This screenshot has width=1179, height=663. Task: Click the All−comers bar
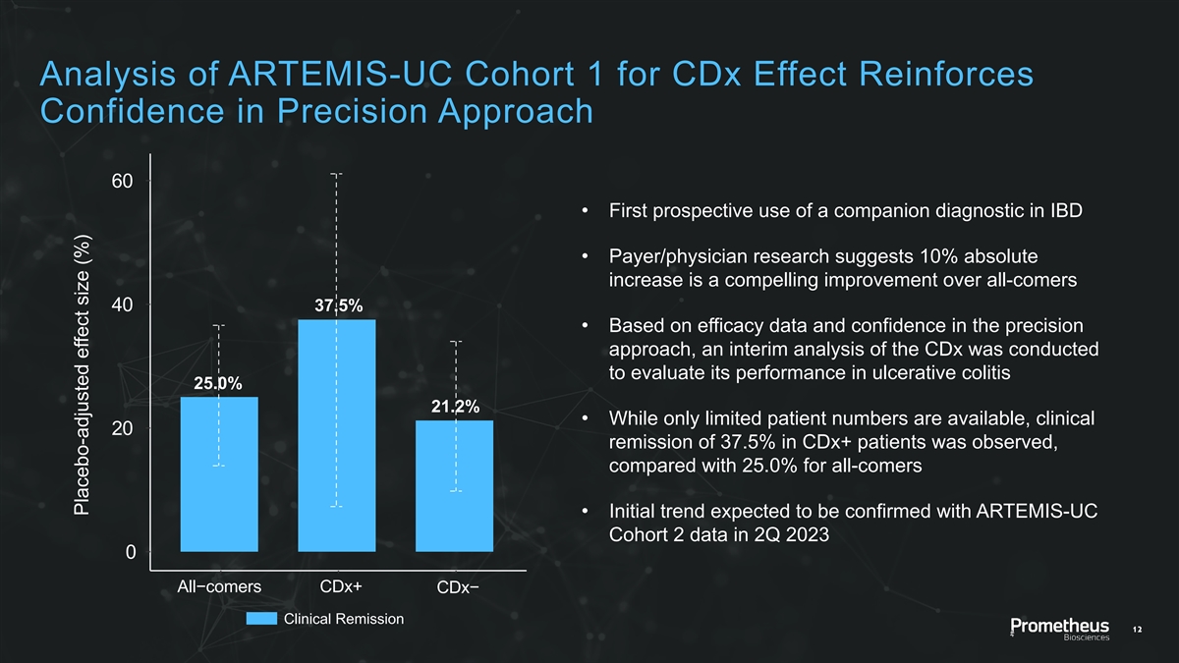point(219,474)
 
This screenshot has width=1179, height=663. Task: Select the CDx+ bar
point(336,435)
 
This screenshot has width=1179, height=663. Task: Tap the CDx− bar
point(454,486)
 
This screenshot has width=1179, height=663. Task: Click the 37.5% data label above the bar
point(336,304)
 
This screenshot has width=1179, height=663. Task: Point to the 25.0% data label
point(218,383)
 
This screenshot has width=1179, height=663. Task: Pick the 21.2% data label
point(454,407)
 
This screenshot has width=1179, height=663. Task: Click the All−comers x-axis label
point(219,587)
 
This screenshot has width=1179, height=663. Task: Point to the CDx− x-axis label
point(459,588)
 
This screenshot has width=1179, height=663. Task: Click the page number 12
point(1139,629)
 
